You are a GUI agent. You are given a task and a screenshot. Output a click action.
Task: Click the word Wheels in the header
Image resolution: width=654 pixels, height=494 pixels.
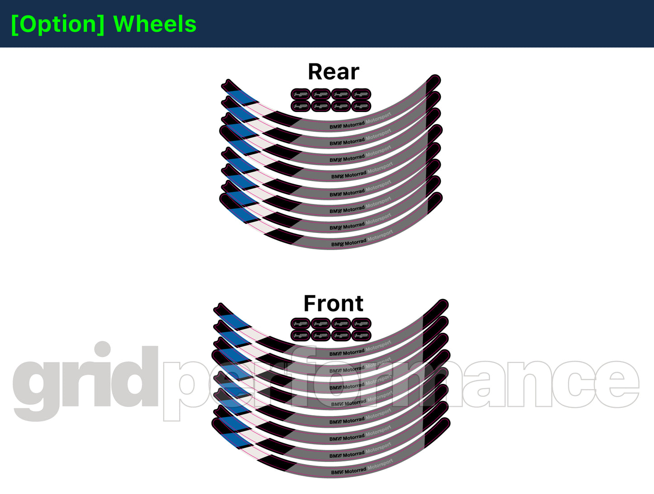pos(155,24)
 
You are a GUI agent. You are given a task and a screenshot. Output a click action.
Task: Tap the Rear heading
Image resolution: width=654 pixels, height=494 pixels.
pos(334,72)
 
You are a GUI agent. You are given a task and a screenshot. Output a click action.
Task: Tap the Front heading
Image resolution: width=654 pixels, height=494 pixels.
pos(333,303)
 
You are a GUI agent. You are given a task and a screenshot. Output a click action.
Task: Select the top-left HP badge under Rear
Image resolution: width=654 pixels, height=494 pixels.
pos(301,95)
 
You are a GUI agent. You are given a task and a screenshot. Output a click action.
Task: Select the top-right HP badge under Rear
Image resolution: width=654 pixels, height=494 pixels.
pos(361,95)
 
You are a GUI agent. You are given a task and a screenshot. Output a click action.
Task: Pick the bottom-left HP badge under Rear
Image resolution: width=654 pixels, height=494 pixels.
pos(301,107)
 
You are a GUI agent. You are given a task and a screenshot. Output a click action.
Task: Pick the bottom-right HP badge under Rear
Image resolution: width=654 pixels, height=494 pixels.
pos(361,107)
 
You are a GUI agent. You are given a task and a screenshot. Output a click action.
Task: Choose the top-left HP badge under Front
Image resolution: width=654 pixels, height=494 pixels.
pos(301,324)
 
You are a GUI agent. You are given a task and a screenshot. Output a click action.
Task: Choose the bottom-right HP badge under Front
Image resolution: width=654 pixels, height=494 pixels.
pos(361,336)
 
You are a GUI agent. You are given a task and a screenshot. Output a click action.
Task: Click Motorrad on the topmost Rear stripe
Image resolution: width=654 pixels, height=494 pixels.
pos(353,125)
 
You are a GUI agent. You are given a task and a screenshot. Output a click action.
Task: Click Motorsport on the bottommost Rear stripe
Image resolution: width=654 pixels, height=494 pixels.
pos(380,236)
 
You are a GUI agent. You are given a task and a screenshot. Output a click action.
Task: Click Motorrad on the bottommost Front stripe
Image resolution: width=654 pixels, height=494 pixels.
pos(355,470)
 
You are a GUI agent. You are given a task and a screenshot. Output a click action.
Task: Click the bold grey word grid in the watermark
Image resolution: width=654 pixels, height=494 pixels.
pos(86,381)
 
